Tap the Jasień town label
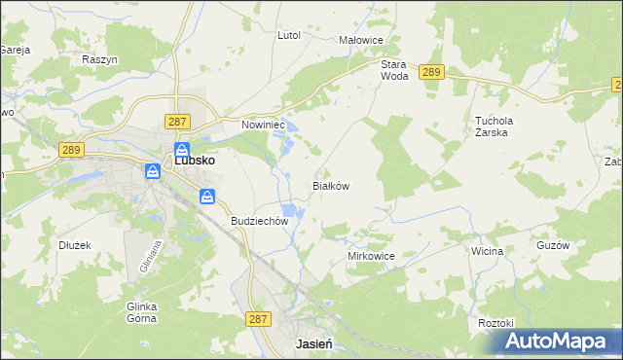[x=314, y=344]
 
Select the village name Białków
[x=330, y=185]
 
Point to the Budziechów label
[x=260, y=221]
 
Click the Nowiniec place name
[x=261, y=125]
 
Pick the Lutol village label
[x=289, y=35]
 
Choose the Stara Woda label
[x=393, y=69]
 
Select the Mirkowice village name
[x=371, y=256]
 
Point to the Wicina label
[x=487, y=251]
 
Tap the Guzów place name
[x=552, y=246]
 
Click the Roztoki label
[x=495, y=322]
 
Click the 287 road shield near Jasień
[x=258, y=319]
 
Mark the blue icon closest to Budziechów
[x=208, y=197]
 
